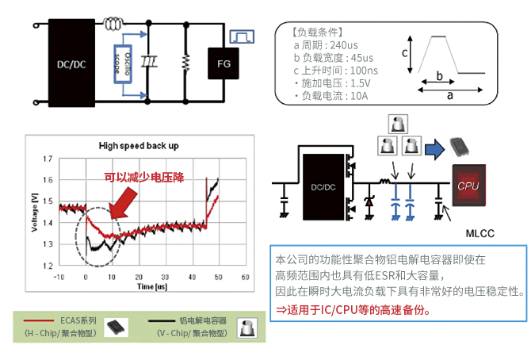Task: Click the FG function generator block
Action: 225,62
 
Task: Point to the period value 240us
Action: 353,45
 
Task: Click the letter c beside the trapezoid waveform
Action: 404,54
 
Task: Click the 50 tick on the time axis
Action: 219,277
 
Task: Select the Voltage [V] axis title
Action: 34,213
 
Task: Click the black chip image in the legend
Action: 116,326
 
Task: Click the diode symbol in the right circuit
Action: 368,201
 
